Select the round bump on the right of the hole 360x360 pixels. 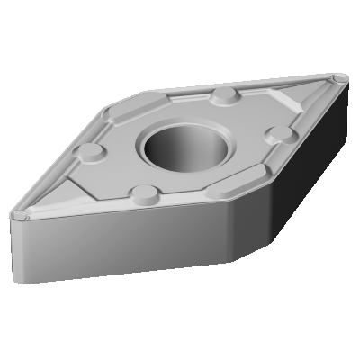tap(282, 134)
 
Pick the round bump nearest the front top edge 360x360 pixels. tap(141, 192)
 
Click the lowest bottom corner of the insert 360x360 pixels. tap(233, 261)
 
